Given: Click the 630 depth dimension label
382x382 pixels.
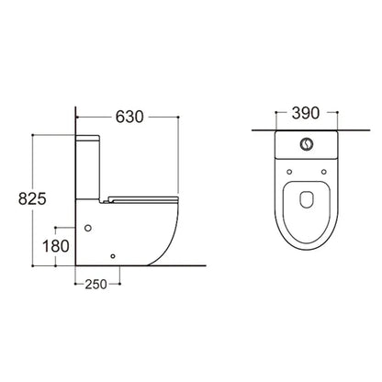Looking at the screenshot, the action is pyautogui.click(x=129, y=117).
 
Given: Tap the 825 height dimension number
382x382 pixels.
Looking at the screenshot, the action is pyautogui.click(x=32, y=198).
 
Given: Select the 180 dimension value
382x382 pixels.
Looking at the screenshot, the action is pyautogui.click(x=56, y=246).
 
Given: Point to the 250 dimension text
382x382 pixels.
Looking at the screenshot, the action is pyautogui.click(x=95, y=285).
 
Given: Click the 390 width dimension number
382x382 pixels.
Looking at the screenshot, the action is pyautogui.click(x=306, y=113).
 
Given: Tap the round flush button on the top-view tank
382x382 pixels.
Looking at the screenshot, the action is pyautogui.click(x=307, y=144).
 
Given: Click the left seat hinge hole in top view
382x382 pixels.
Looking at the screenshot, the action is pyautogui.click(x=289, y=172).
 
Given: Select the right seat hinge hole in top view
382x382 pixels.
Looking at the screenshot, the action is pyautogui.click(x=323, y=172).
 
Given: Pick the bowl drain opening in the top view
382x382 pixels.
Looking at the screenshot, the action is pyautogui.click(x=307, y=199).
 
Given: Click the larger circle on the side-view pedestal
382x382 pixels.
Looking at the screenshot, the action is pyautogui.click(x=88, y=228).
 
